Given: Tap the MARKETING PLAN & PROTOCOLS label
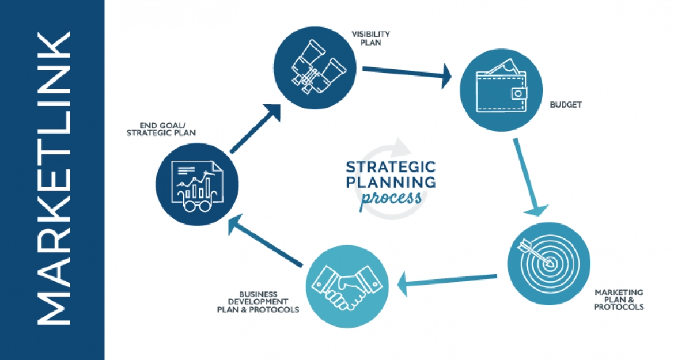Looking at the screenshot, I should tap(619, 300).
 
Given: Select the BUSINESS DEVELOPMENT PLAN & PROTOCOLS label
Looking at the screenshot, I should tap(258, 302).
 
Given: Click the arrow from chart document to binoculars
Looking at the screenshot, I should tap(255, 130).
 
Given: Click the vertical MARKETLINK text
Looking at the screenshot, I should tap(52, 180).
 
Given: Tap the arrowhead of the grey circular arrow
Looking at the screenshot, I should tap(397, 145).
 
